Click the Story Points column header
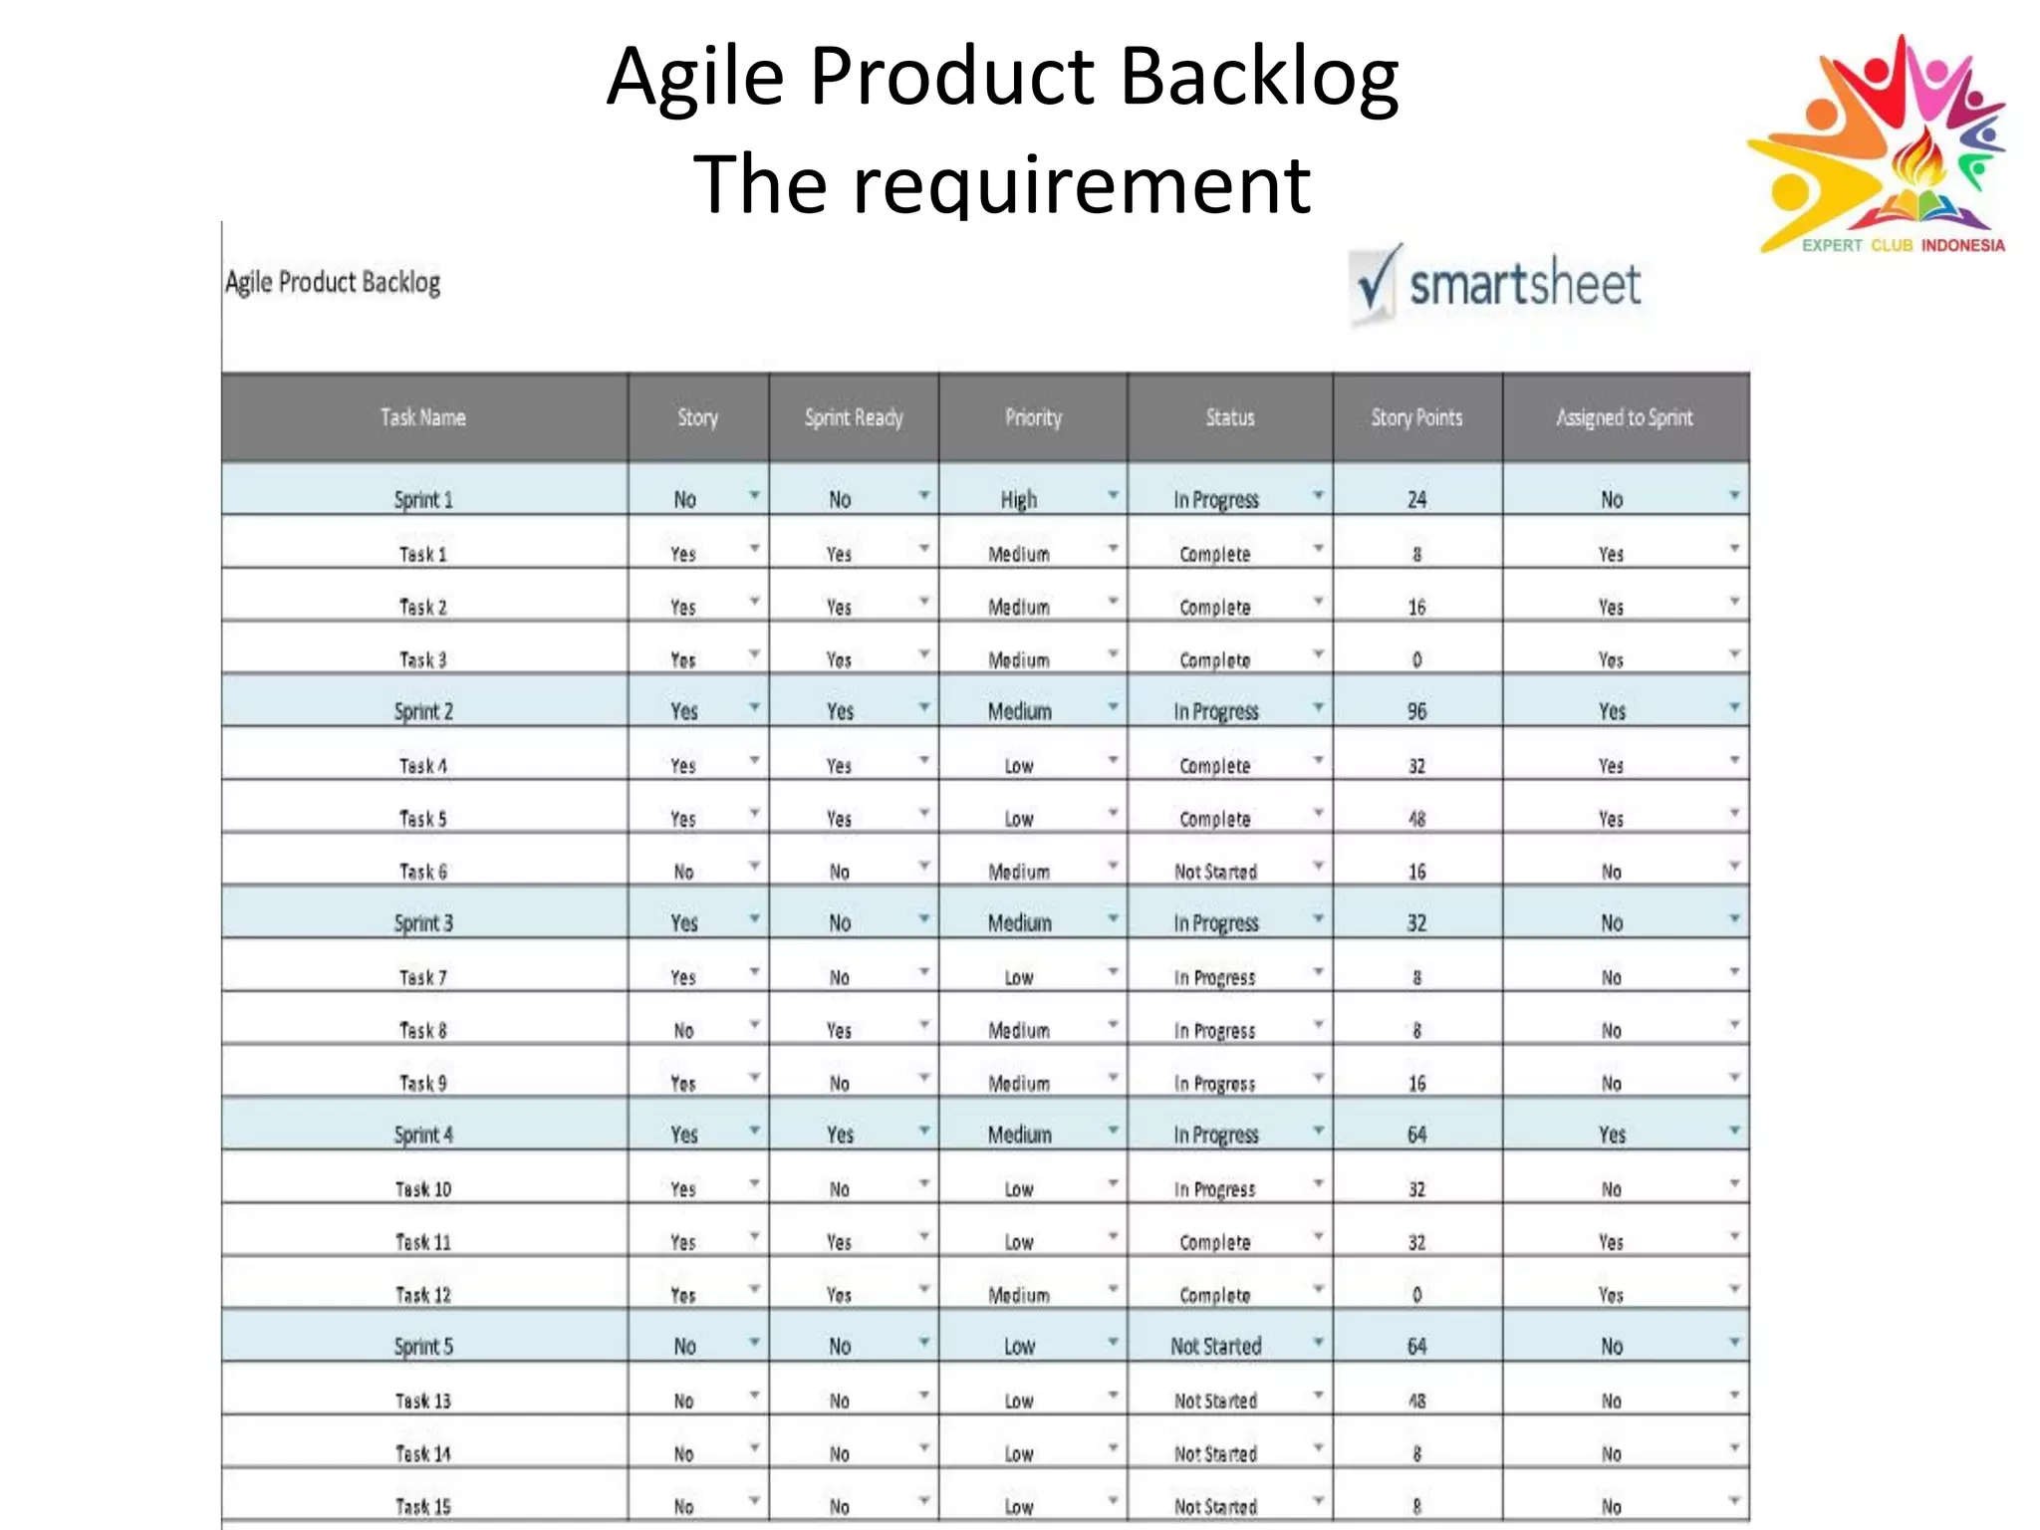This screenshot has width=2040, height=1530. (1416, 418)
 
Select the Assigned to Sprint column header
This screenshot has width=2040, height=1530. (1624, 418)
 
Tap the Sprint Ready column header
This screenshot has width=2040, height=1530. (854, 418)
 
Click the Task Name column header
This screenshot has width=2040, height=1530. (422, 418)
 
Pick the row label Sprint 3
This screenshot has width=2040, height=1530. (423, 923)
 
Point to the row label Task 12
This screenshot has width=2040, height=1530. (423, 1295)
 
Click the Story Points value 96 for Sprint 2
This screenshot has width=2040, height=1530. (1416, 711)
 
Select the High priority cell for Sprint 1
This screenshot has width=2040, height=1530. (1019, 499)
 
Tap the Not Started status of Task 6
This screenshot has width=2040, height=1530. (1215, 872)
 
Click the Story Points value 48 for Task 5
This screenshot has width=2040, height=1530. (1416, 819)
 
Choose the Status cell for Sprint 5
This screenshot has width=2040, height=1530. (1215, 1347)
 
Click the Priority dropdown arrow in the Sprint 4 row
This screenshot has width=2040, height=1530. (1113, 1131)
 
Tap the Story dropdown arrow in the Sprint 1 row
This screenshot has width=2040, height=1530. (754, 495)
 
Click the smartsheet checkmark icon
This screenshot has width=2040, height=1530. (1376, 283)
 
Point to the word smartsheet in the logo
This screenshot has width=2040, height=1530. (1524, 286)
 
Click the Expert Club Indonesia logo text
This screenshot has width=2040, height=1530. (1903, 245)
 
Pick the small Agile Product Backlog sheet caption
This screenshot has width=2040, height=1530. (333, 283)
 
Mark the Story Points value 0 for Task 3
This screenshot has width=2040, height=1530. (1416, 659)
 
